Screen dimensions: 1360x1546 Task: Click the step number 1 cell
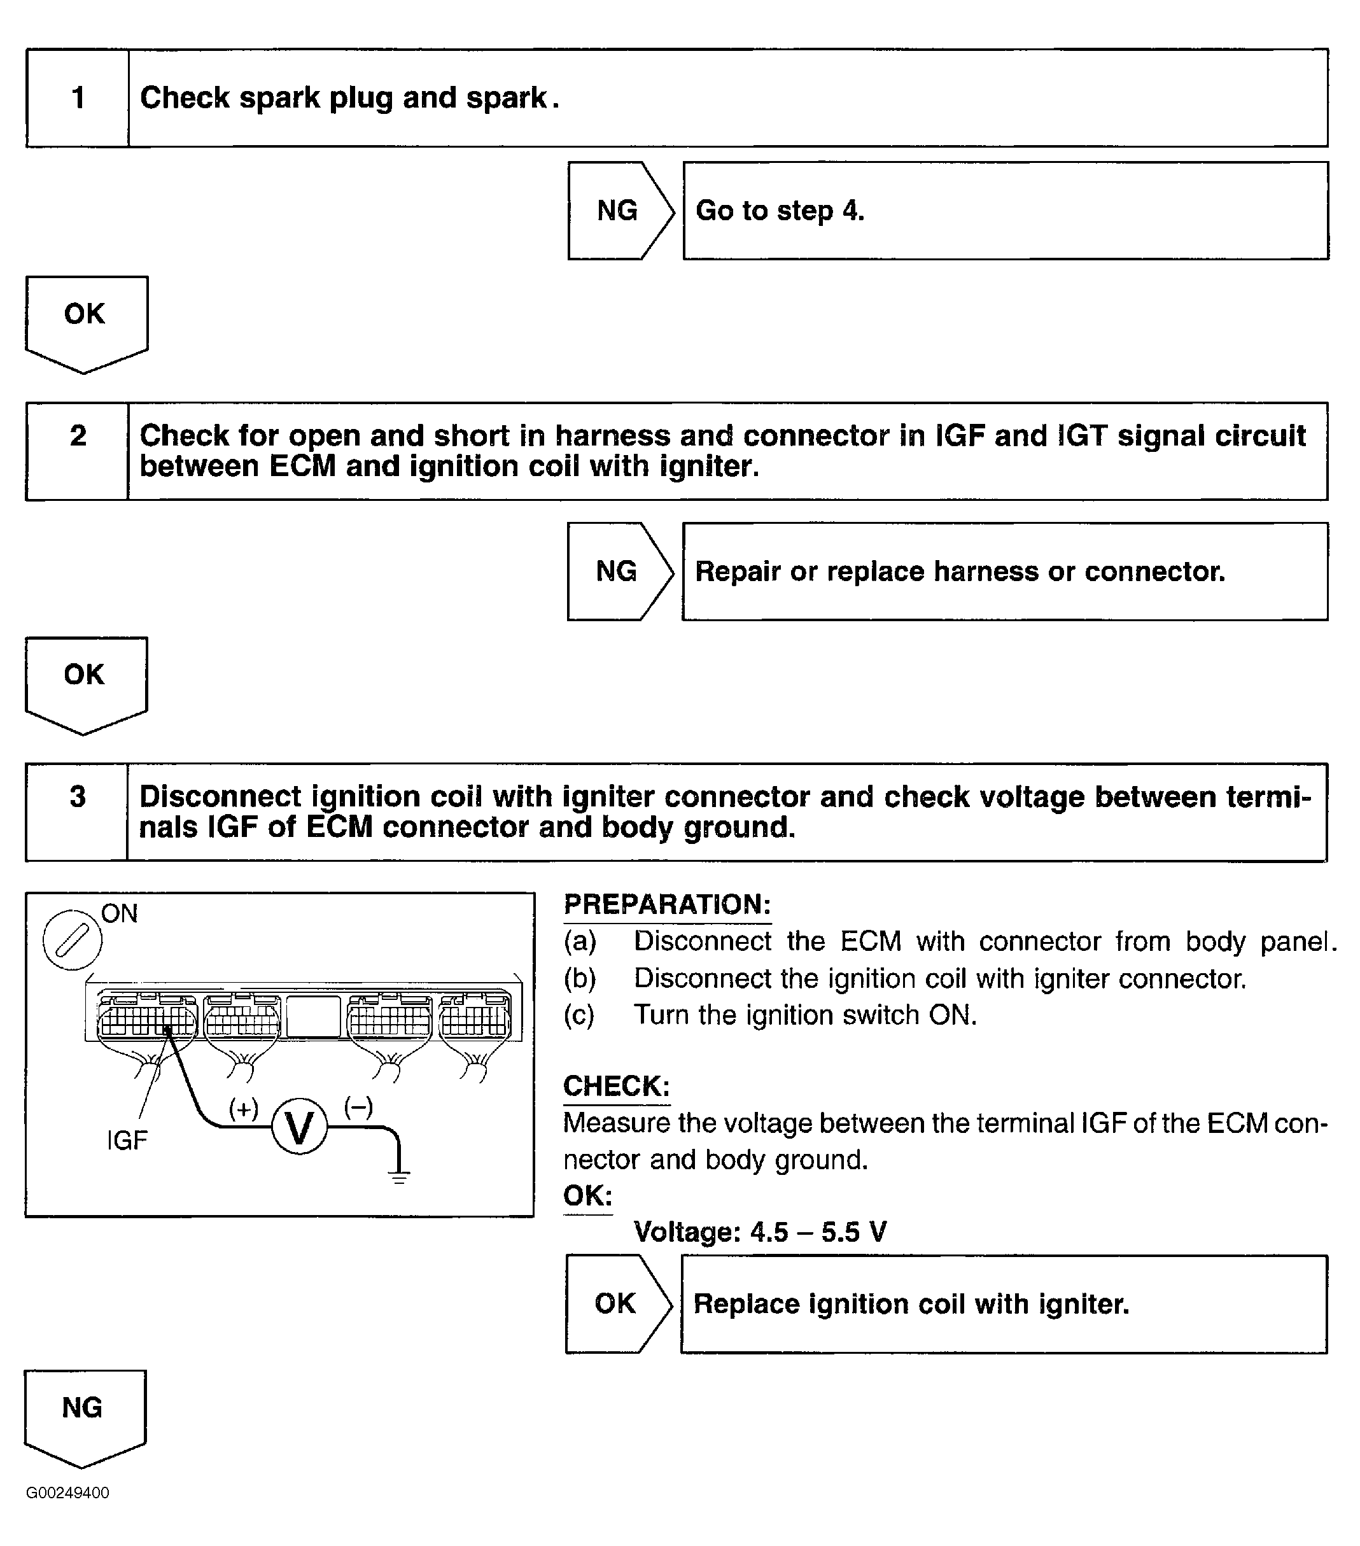click(x=77, y=97)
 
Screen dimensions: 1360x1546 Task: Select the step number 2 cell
click(x=77, y=451)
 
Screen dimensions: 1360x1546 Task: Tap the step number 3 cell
click(x=77, y=812)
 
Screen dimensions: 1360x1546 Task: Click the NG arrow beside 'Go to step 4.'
click(x=620, y=210)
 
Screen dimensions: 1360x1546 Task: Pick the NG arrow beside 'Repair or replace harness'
click(x=619, y=571)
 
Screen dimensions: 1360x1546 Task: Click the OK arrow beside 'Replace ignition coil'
click(x=618, y=1304)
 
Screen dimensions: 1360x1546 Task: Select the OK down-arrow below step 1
click(x=86, y=324)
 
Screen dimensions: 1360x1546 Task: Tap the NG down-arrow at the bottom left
click(x=85, y=1418)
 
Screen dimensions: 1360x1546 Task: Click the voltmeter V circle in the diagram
click(x=300, y=1127)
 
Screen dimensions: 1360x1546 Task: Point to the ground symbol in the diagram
click(x=398, y=1176)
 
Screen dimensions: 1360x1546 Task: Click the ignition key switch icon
click(x=72, y=940)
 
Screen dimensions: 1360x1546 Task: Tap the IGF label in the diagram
click(x=127, y=1140)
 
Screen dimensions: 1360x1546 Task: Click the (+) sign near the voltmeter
click(x=244, y=1109)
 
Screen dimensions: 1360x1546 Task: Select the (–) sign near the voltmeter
click(x=358, y=1107)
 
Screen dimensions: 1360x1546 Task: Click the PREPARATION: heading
click(x=667, y=904)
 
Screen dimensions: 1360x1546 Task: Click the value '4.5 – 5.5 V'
click(x=818, y=1232)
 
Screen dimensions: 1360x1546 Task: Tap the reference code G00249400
click(x=67, y=1493)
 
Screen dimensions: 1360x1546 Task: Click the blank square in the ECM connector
click(x=313, y=1016)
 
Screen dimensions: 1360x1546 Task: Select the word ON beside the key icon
click(x=120, y=914)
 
